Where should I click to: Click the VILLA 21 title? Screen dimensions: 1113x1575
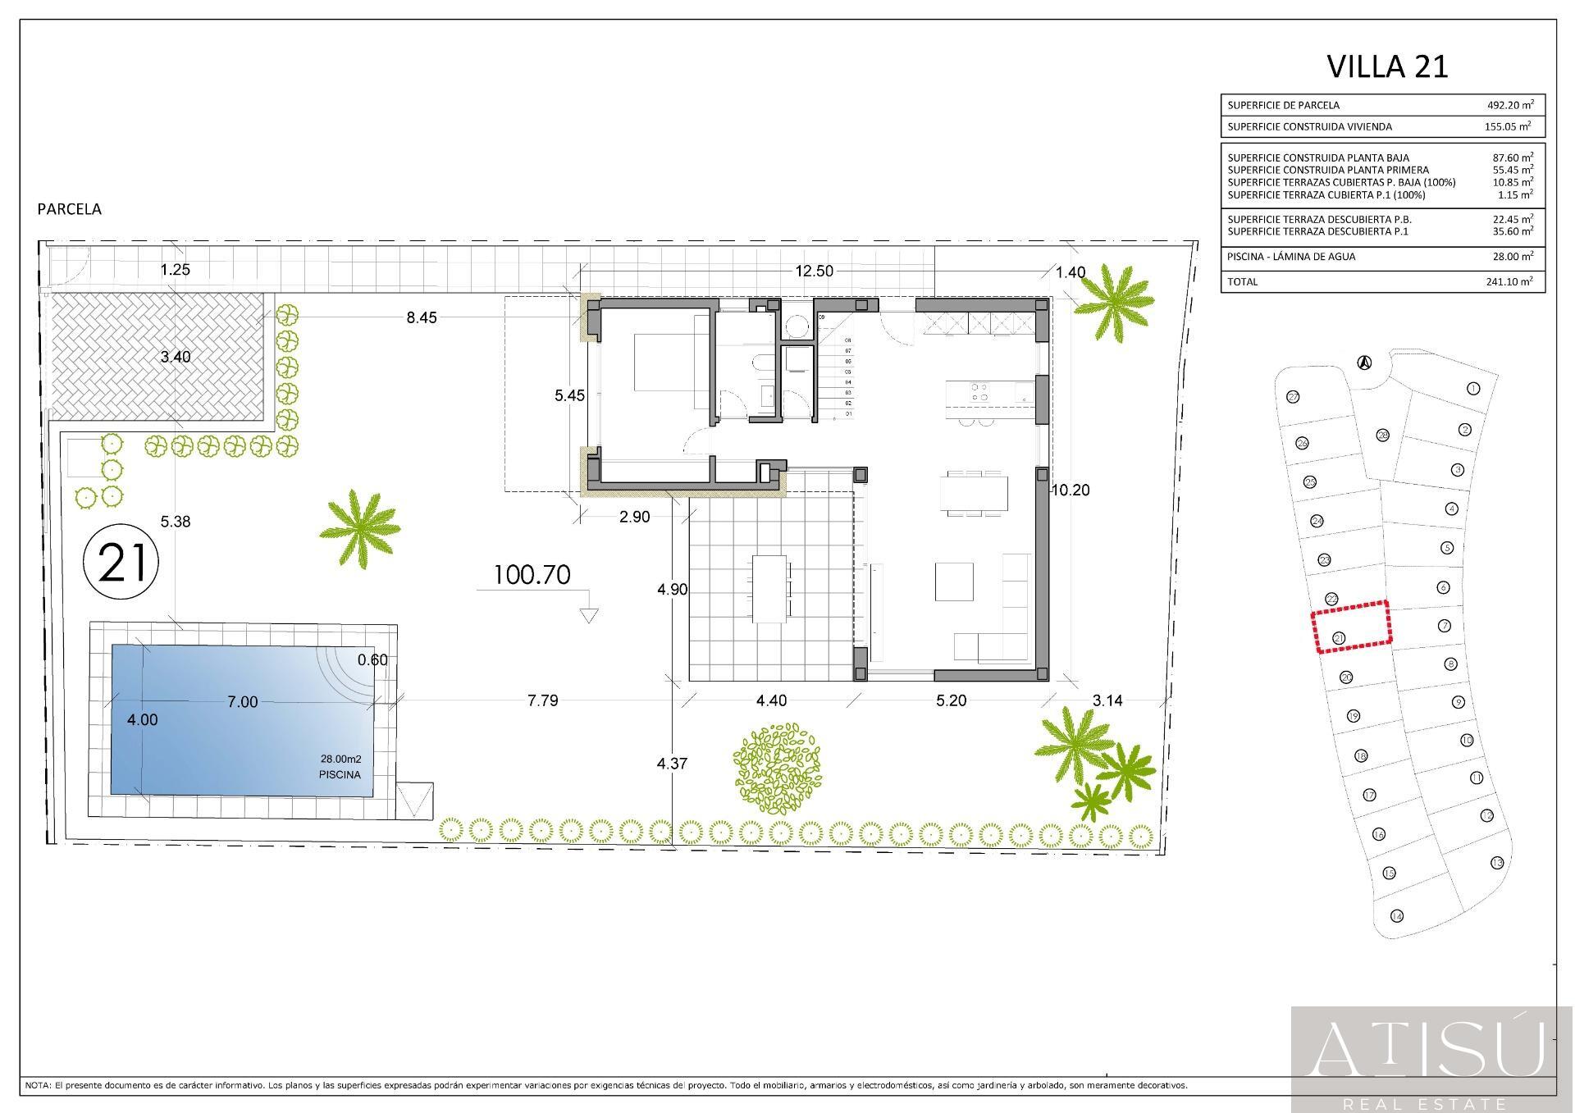tap(1387, 66)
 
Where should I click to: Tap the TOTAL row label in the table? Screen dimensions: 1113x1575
tap(1242, 281)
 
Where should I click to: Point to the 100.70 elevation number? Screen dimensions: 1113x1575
tap(532, 575)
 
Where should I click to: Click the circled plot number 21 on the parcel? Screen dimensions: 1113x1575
tap(121, 563)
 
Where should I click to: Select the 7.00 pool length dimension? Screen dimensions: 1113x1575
tap(243, 702)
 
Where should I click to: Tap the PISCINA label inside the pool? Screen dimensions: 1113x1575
tap(340, 774)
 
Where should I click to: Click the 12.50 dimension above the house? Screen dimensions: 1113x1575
tap(815, 271)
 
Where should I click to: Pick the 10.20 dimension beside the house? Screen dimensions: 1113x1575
tap(1071, 490)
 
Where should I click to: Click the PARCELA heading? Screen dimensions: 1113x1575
tap(70, 209)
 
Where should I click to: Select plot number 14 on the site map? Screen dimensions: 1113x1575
tap(1396, 916)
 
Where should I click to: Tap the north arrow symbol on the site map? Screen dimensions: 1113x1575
tap(1363, 362)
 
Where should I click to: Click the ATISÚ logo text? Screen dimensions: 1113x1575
tap(1431, 1052)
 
